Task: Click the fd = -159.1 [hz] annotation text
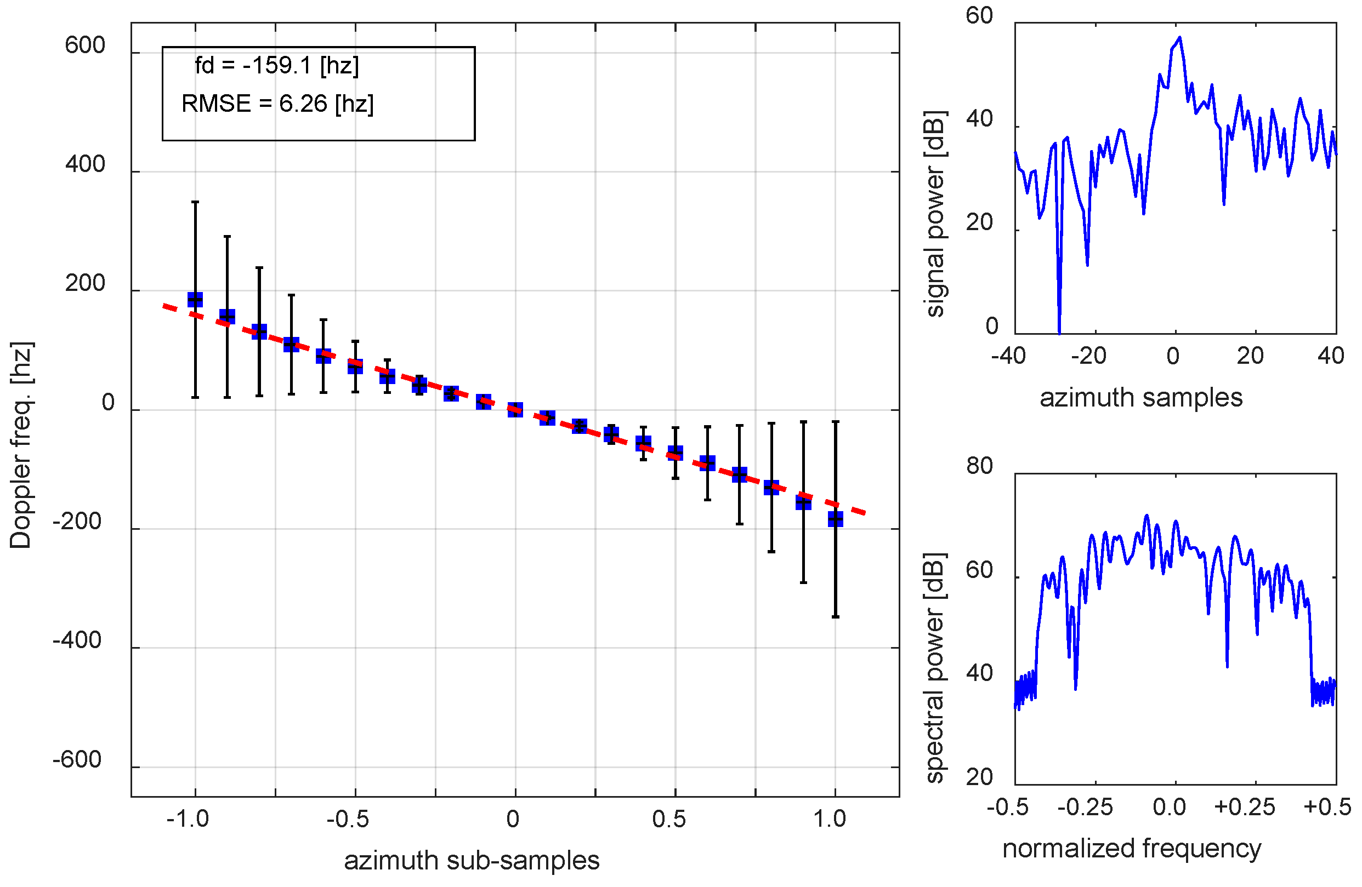[x=276, y=66]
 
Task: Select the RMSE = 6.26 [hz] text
[x=277, y=104]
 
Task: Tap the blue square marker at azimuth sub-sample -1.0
[x=195, y=300]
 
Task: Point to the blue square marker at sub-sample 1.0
[x=836, y=519]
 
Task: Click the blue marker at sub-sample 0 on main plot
[x=515, y=409]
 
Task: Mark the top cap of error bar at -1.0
[x=195, y=202]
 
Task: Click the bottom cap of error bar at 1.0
[x=836, y=617]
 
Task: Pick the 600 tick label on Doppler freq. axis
[x=84, y=46]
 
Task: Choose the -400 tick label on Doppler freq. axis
[x=77, y=640]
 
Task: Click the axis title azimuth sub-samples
[x=472, y=861]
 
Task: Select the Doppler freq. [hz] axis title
[x=21, y=445]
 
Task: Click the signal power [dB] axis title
[x=934, y=214]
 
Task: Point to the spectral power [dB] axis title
[x=934, y=667]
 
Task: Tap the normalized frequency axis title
[x=1131, y=848]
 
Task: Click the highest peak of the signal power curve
[x=1179, y=38]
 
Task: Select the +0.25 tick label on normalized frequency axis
[x=1245, y=807]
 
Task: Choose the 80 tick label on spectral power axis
[x=979, y=467]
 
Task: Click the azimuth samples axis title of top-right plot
[x=1140, y=397]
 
